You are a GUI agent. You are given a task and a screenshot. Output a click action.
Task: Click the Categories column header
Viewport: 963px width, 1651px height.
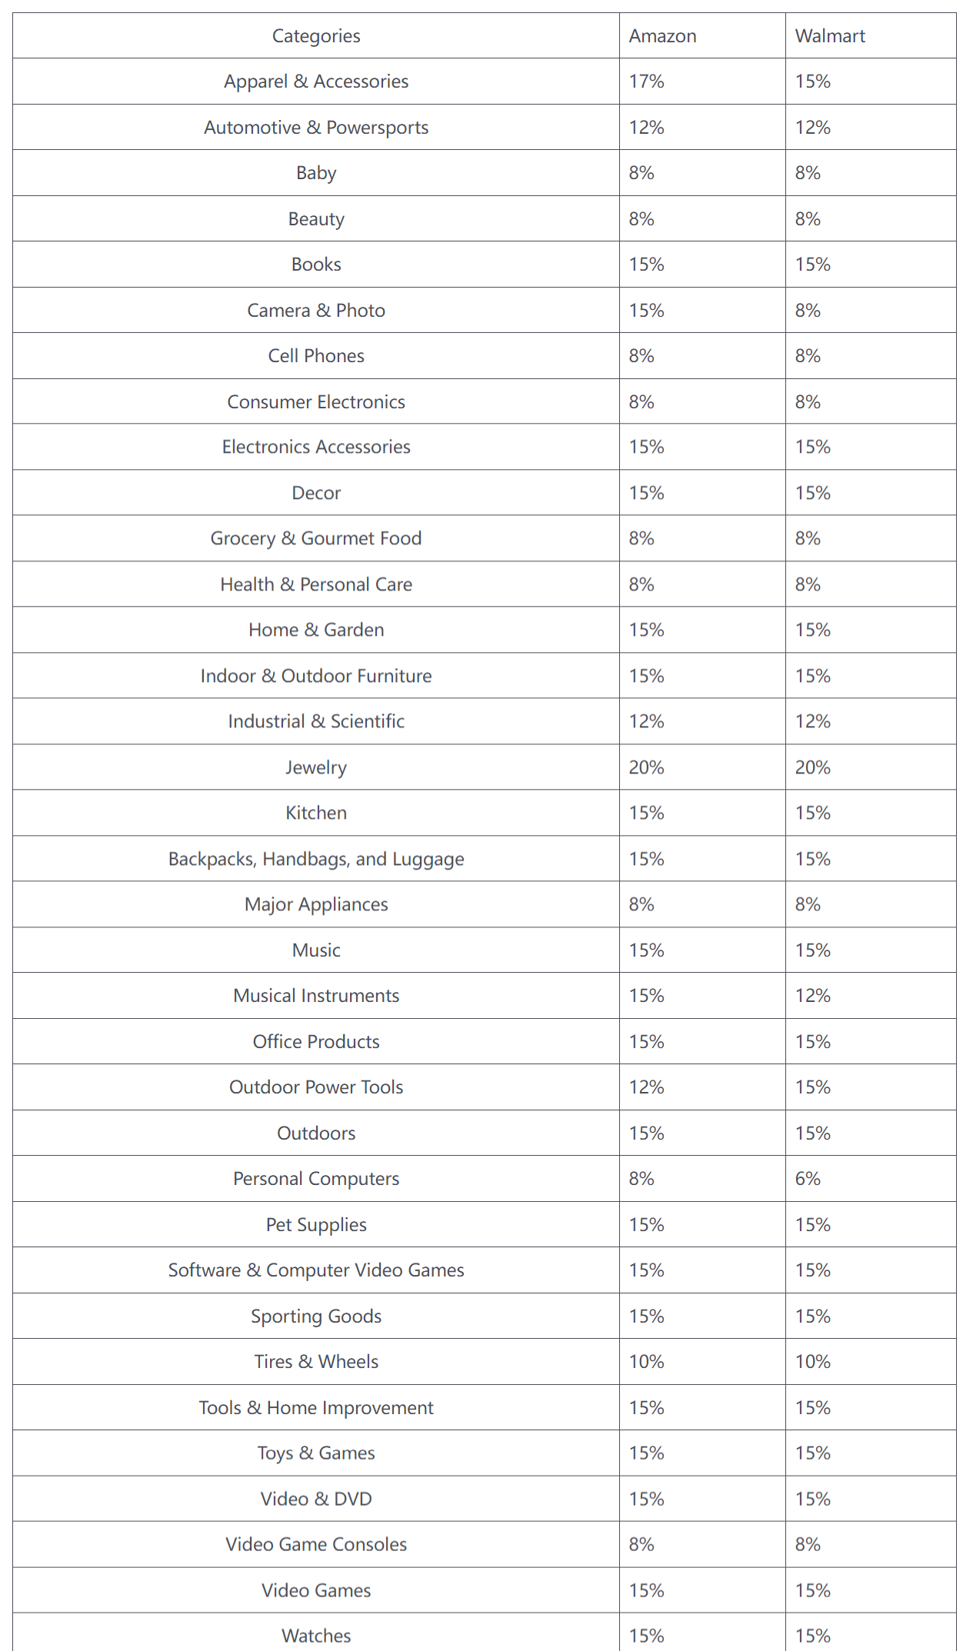click(x=316, y=36)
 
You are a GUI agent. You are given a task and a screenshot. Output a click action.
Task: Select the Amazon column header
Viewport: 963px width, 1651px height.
click(x=662, y=36)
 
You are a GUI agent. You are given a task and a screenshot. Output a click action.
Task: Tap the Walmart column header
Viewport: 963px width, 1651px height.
click(x=830, y=36)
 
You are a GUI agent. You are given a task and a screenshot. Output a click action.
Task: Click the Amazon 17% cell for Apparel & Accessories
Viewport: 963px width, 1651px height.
click(x=646, y=82)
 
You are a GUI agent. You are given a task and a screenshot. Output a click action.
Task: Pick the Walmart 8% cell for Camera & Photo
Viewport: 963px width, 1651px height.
click(x=808, y=311)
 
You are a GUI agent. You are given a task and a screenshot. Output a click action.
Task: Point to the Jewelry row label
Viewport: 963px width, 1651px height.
click(x=316, y=767)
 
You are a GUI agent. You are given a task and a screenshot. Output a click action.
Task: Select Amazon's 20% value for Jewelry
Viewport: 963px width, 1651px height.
click(x=646, y=767)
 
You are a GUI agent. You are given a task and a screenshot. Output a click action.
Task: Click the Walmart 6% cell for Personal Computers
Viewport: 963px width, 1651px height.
click(x=808, y=1179)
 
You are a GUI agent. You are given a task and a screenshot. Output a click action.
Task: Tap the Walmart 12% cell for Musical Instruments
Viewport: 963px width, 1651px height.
click(x=813, y=996)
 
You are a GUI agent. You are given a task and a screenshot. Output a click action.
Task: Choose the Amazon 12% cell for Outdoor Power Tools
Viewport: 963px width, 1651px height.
click(x=646, y=1087)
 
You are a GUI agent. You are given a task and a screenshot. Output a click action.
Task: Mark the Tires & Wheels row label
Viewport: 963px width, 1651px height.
click(x=316, y=1362)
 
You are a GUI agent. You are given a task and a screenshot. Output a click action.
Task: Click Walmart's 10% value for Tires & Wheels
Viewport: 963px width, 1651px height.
click(x=813, y=1362)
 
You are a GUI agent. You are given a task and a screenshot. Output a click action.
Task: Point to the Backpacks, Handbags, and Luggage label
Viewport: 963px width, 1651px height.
click(x=316, y=859)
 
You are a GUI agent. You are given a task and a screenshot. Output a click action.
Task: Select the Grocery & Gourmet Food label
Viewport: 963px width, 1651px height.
click(x=316, y=538)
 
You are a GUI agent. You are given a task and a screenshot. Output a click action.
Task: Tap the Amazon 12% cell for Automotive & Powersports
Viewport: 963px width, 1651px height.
click(x=646, y=128)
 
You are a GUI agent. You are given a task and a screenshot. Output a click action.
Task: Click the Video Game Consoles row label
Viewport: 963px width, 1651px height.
click(x=316, y=1545)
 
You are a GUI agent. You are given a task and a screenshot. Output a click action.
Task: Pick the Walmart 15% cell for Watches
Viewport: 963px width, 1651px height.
click(x=813, y=1636)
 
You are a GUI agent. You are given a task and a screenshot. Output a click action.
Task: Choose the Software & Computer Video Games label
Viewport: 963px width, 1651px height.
click(x=316, y=1270)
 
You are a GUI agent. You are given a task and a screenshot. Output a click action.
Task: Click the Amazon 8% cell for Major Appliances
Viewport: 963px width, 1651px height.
click(x=641, y=904)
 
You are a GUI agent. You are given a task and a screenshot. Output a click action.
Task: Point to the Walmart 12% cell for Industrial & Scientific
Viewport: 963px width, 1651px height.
click(x=813, y=721)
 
